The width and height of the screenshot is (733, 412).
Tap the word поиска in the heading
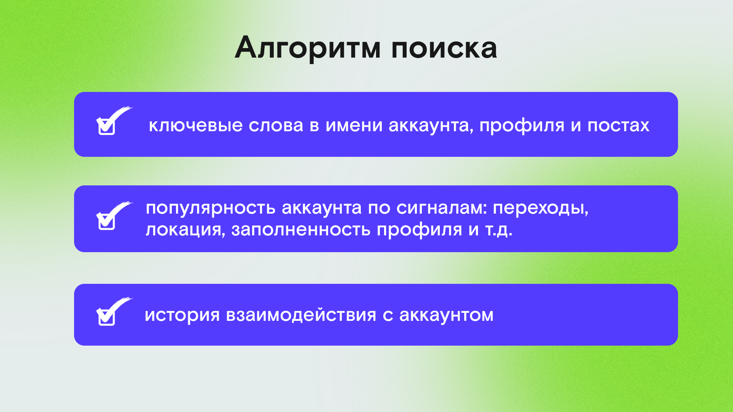pos(444,48)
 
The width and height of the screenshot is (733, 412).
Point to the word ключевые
pos(195,125)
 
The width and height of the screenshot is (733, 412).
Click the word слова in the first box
pos(276,125)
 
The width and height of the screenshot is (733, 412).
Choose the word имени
pos(354,125)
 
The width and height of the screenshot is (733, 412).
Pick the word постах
pos(618,125)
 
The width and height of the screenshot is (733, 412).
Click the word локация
pos(186,230)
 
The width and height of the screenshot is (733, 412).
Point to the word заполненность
pos(301,230)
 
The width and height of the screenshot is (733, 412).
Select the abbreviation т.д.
pos(499,230)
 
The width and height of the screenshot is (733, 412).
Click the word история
pos(182,315)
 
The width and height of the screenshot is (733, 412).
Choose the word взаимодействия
pos(301,315)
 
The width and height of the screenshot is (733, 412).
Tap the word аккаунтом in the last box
pos(446,315)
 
